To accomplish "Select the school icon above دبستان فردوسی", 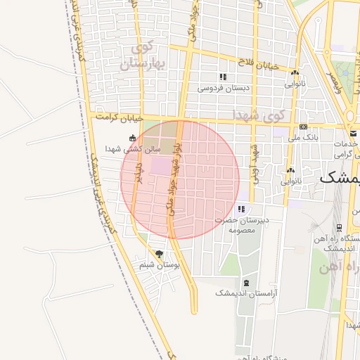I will (x=223, y=77).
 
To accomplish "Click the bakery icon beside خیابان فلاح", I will (x=295, y=72).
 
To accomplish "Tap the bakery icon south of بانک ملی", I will (x=290, y=170).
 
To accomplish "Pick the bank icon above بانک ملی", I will (x=303, y=127).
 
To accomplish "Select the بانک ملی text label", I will (x=303, y=138).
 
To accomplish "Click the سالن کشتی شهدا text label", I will (x=133, y=149).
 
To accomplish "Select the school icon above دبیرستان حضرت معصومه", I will (x=241, y=209).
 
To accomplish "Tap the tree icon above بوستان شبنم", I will (x=159, y=253).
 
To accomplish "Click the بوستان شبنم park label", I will (x=160, y=265).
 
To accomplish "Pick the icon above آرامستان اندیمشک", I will (x=245, y=283).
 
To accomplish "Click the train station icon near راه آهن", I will (x=339, y=228).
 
